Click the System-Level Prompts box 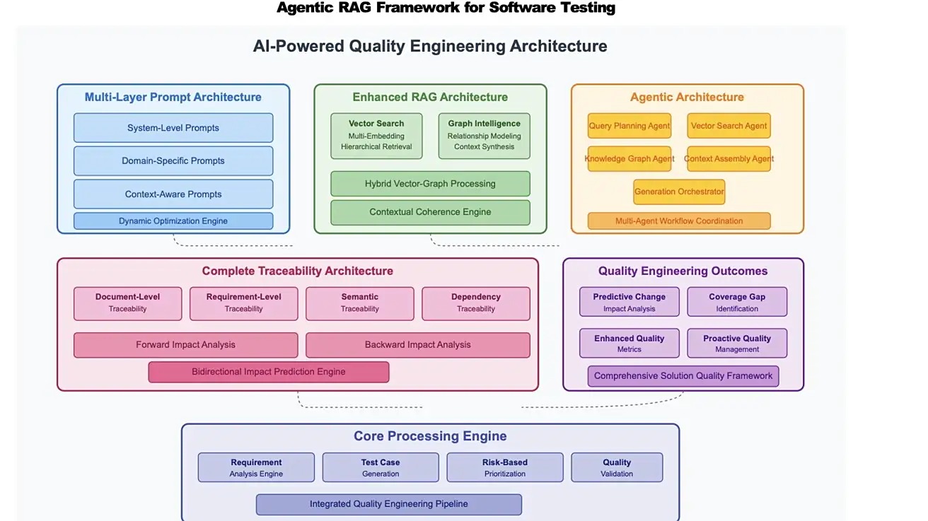173,128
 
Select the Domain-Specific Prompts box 173,160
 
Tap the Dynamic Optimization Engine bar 173,221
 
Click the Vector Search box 376,135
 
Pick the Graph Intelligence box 484,135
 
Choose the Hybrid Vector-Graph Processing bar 430,184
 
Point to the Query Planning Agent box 629,126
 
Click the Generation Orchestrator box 679,192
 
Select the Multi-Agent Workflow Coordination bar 679,221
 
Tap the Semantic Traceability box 359,303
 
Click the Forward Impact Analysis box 185,345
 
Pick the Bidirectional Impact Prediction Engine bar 268,372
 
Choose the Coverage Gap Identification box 737,302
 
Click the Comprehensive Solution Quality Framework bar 683,376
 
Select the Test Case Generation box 381,467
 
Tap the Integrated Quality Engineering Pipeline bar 388,504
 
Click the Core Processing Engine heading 430,436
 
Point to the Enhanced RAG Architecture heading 430,98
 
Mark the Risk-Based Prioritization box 505,467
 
